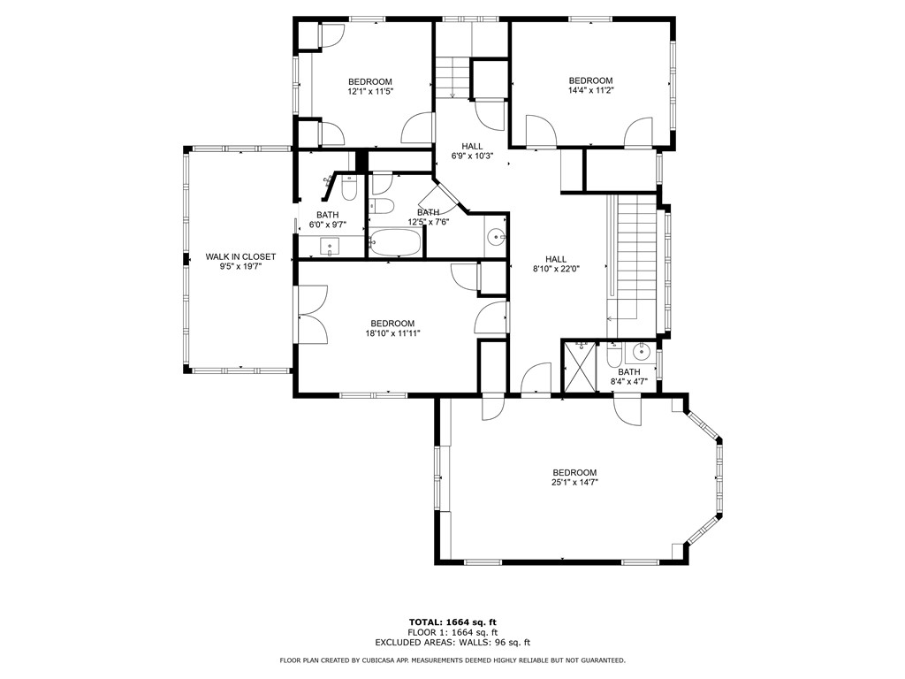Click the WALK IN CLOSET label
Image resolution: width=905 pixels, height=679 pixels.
(240, 257)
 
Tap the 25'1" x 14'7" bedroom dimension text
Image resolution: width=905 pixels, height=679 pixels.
(574, 483)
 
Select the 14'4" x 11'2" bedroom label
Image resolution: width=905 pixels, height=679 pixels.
(590, 90)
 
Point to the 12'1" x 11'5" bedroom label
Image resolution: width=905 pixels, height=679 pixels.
(369, 91)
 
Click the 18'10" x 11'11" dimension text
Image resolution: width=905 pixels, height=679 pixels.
(392, 333)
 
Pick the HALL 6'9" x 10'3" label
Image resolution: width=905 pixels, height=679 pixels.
(472, 151)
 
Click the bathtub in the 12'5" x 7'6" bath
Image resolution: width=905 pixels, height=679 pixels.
(396, 243)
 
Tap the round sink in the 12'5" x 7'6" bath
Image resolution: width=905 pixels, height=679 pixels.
(497, 237)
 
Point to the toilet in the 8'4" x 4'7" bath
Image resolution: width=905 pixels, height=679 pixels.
(614, 356)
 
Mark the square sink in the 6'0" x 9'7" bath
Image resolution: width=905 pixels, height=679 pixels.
(332, 246)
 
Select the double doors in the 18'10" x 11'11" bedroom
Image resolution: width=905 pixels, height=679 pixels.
(312, 314)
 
